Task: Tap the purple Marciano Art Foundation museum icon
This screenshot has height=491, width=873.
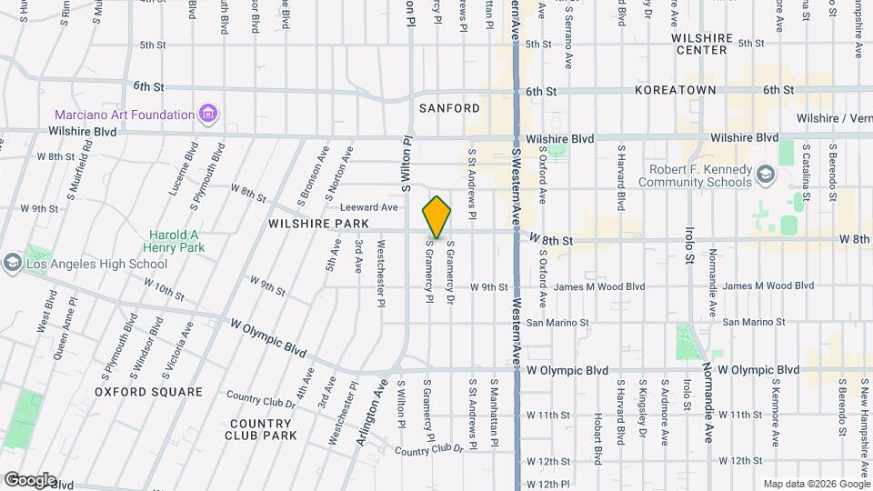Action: (210, 115)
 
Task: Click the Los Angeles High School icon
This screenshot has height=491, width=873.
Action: (12, 264)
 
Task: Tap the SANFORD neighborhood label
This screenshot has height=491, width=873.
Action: (449, 108)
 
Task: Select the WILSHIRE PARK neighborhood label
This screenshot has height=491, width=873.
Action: (317, 223)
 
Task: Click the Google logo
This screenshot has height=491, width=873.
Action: (29, 479)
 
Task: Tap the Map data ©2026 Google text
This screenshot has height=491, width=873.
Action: (816, 483)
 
